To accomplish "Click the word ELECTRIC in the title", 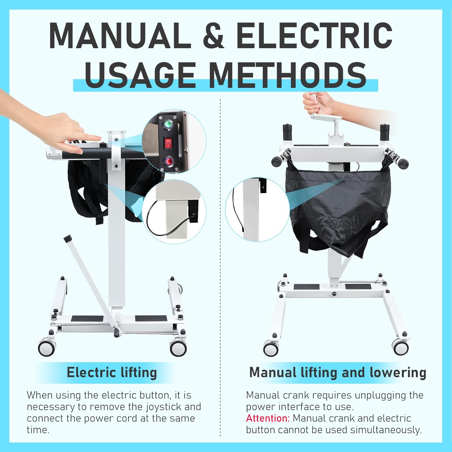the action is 314,36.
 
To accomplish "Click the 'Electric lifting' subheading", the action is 112,372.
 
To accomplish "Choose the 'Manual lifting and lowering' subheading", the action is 338,372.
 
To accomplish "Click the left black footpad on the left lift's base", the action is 87,318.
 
